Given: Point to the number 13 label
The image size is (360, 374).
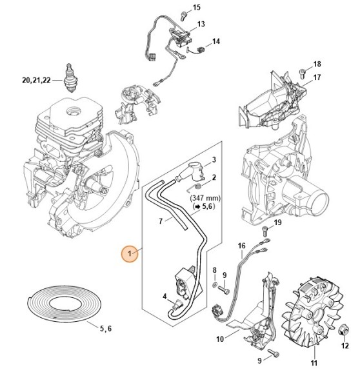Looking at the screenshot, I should (x=201, y=24).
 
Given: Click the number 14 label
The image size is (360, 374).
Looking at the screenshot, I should (x=216, y=41).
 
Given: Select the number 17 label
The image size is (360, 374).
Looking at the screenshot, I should (x=317, y=78).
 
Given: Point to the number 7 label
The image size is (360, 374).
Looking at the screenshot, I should (x=161, y=221).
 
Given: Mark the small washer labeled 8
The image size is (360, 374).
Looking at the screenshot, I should (x=214, y=284).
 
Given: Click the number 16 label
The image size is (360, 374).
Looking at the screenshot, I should (x=241, y=246).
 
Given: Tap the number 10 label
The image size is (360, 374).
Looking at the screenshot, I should (x=220, y=339).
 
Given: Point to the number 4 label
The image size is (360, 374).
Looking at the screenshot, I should (x=165, y=297).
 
